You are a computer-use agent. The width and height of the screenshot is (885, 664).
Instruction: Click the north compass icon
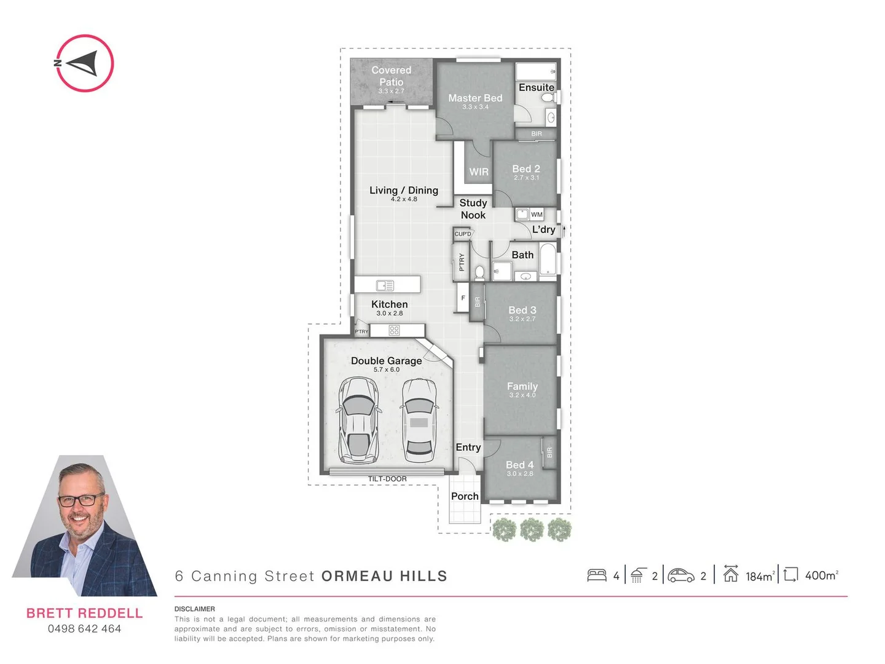coord(85,63)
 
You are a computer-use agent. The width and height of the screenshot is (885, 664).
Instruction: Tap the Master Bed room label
coord(475,98)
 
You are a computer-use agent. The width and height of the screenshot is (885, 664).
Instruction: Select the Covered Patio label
coord(391,76)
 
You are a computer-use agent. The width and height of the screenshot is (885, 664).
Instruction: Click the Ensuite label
coord(537,87)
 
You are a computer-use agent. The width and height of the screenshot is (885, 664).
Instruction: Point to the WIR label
coord(479,172)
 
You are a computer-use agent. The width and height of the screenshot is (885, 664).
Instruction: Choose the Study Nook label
coord(473,208)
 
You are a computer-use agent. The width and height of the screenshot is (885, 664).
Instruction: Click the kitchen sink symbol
coord(385,285)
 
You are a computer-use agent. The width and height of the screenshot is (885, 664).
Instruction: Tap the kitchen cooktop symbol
coord(395,331)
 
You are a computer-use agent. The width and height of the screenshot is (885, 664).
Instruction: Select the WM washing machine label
coord(537,215)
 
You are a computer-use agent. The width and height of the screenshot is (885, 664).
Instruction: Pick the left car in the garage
coord(358,420)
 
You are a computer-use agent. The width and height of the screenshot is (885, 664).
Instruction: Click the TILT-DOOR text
coord(387,479)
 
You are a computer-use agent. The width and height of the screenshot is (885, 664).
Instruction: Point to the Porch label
coord(465,496)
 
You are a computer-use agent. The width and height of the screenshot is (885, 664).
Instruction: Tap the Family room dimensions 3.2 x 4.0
coord(522,395)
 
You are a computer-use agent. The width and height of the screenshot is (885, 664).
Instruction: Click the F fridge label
coord(463,298)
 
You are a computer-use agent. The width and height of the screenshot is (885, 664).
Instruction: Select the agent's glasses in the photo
coord(81,499)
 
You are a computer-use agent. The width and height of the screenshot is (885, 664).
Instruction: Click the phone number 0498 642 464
coord(85,628)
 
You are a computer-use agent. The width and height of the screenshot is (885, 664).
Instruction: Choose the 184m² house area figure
coord(760,576)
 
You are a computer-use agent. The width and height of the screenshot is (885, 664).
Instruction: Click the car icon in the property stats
coord(681,575)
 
